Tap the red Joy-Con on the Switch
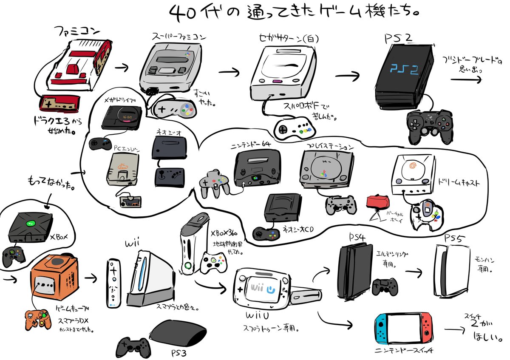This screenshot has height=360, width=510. (x=426, y=329)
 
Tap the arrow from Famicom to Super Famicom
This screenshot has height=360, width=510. (x=123, y=67)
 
